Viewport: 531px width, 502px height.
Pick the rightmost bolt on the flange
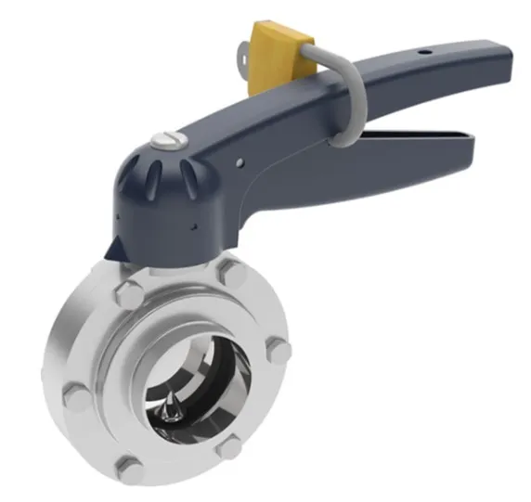278,351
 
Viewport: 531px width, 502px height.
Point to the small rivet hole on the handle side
239,164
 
